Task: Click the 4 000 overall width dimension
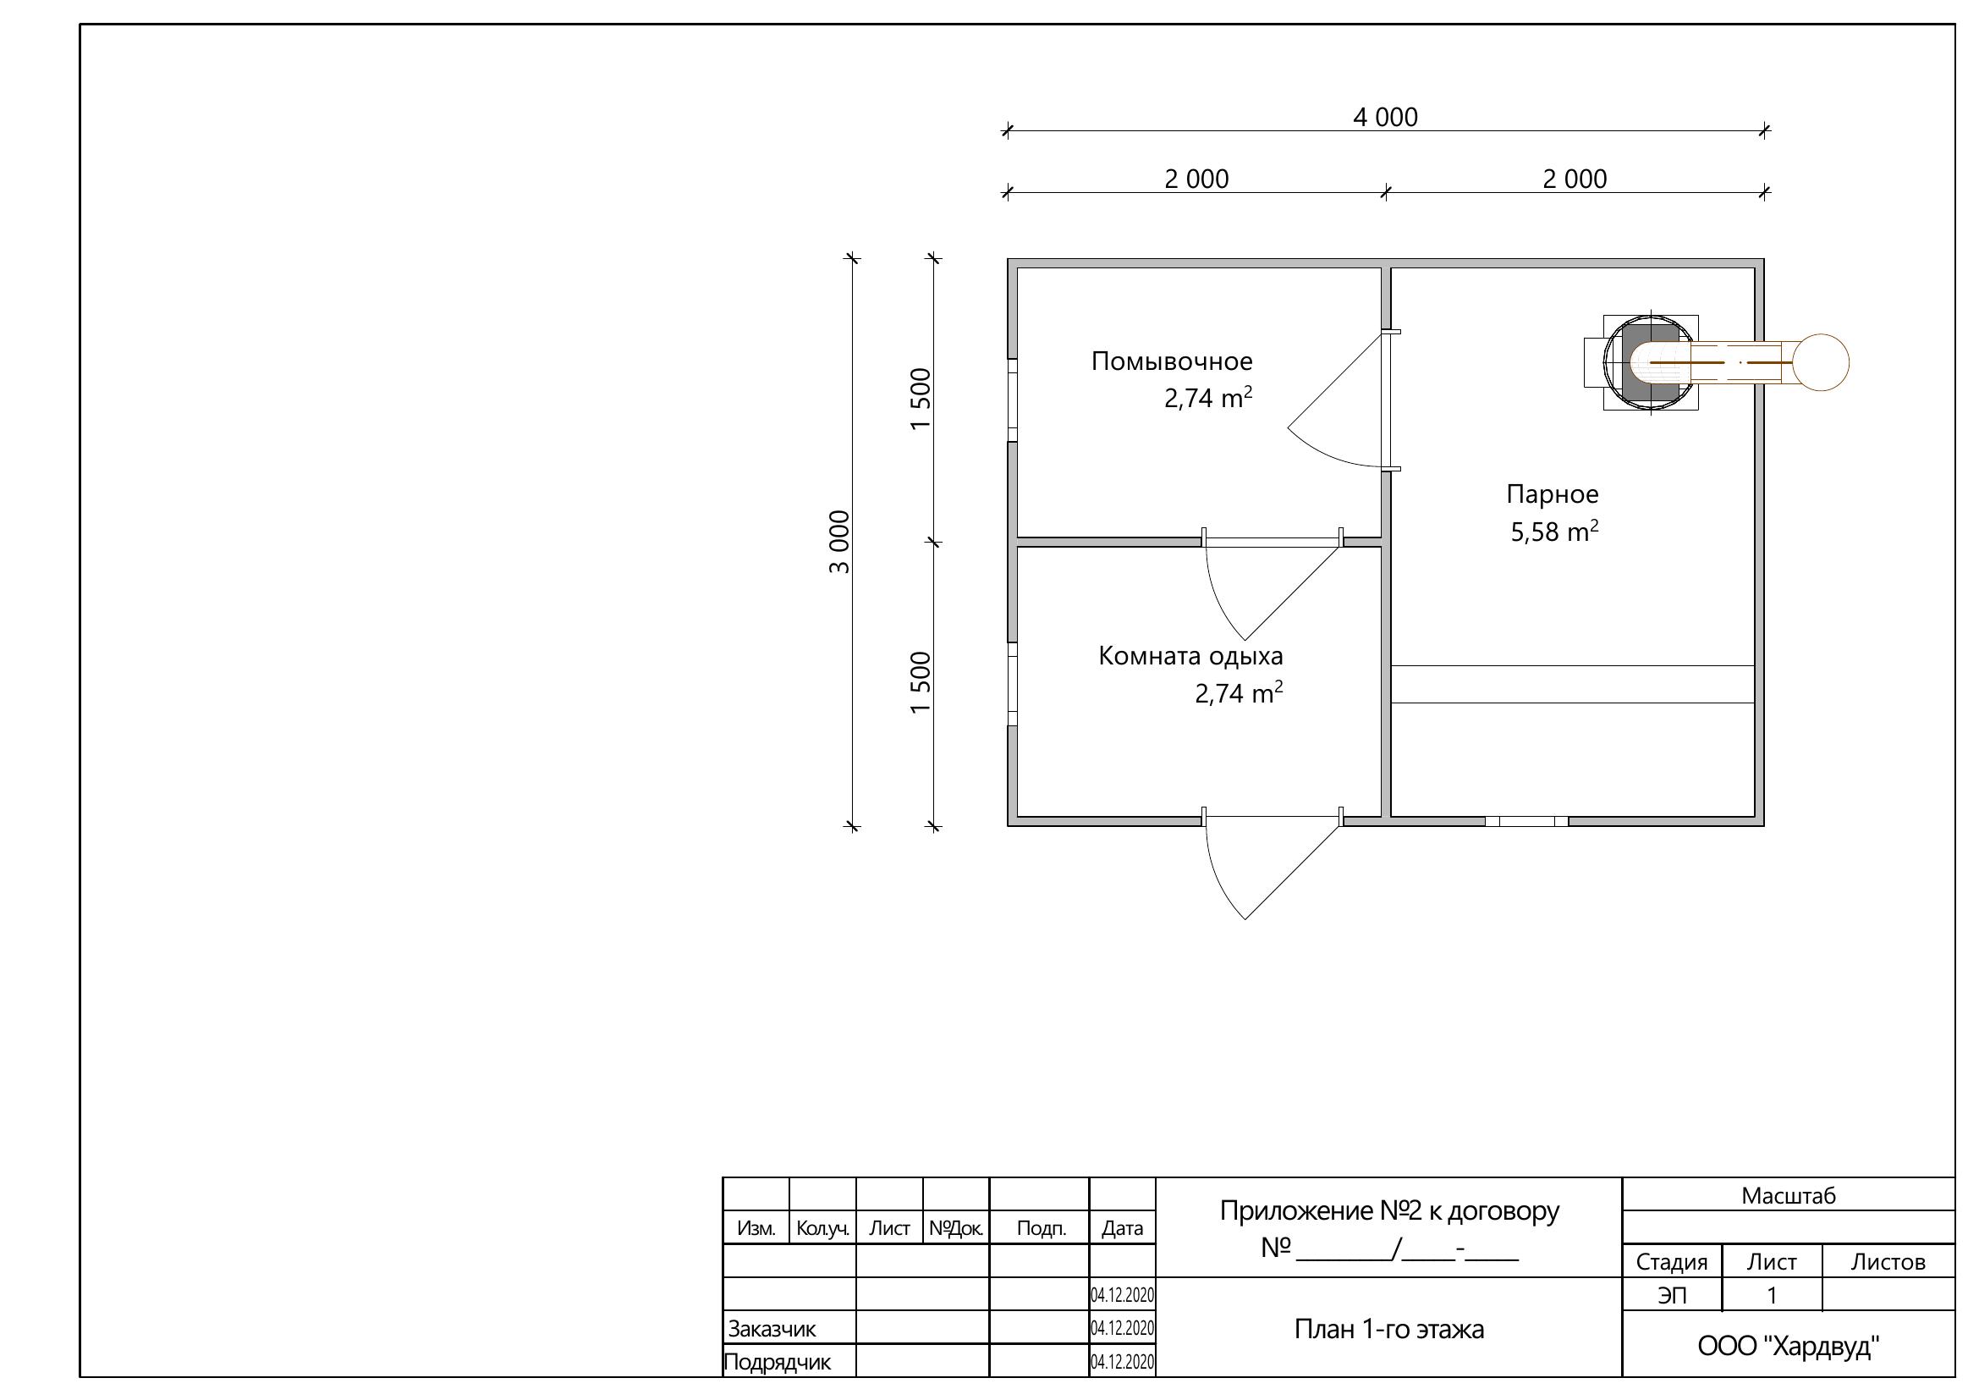pyautogui.click(x=1385, y=118)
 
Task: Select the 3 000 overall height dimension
pyautogui.click(x=839, y=543)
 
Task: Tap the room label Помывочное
pyautogui.click(x=1171, y=361)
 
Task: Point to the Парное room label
pyautogui.click(x=1553, y=494)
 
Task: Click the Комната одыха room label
pyautogui.click(x=1190, y=656)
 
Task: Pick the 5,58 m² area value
pyautogui.click(x=1554, y=531)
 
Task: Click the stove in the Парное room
pyautogui.click(x=1651, y=363)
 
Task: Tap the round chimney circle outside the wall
pyautogui.click(x=1822, y=363)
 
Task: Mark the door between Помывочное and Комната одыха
pyautogui.click(x=1273, y=587)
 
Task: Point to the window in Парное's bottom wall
pyautogui.click(x=1525, y=822)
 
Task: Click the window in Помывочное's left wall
pyautogui.click(x=1013, y=400)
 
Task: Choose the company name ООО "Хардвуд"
pyautogui.click(x=1789, y=1346)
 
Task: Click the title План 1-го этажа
pyautogui.click(x=1388, y=1329)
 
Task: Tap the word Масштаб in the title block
pyautogui.click(x=1789, y=1196)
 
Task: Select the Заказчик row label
pyautogui.click(x=772, y=1329)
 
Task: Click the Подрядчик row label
pyautogui.click(x=778, y=1363)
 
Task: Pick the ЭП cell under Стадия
pyautogui.click(x=1671, y=1296)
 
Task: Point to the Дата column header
pyautogui.click(x=1122, y=1228)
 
